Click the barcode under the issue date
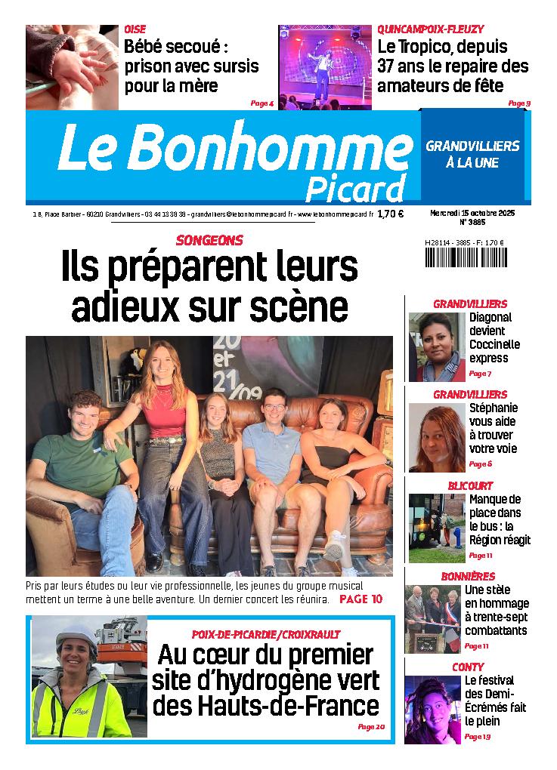467,257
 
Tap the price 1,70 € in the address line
390,214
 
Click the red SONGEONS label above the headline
209,241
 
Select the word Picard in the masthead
355,189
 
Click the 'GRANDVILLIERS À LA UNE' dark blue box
472,153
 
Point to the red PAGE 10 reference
361,599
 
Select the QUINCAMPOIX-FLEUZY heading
431,29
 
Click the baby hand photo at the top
72,67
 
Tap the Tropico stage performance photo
325,67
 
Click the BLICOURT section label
469,485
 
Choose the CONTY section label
468,667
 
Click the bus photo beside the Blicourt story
436,528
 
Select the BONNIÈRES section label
468,577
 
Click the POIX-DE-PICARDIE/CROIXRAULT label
266,634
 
